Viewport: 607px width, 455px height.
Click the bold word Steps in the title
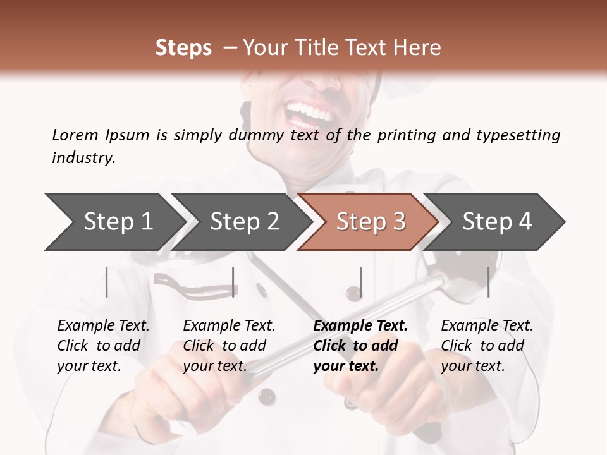183,48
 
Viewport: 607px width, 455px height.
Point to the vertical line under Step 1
107,282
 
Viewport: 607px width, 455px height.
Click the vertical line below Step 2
233,282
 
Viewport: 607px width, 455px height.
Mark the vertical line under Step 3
360,282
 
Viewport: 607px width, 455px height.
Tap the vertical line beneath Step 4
488,282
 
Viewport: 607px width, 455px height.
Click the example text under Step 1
103,346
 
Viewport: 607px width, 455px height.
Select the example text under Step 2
229,346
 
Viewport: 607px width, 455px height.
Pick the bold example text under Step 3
360,346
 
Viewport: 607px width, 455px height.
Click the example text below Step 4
487,346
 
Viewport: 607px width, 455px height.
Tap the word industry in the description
83,158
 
